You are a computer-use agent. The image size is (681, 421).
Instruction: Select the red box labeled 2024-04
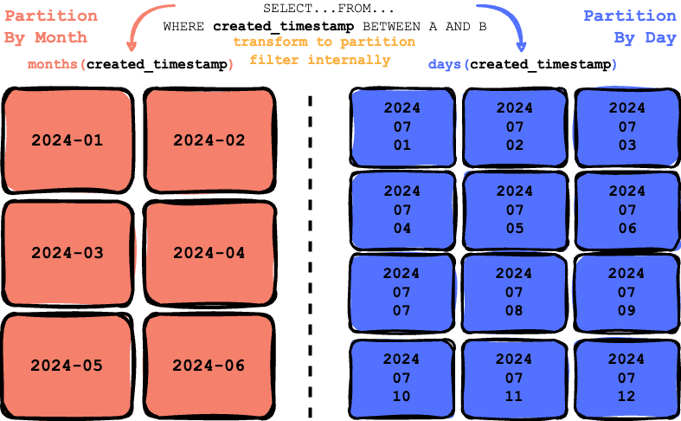pos(209,253)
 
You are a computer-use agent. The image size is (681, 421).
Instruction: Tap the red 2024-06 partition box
pos(209,366)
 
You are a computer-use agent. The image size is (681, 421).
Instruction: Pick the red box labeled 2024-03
pos(67,253)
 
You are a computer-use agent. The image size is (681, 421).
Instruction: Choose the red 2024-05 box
pos(67,366)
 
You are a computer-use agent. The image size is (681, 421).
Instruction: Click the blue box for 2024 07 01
pos(402,126)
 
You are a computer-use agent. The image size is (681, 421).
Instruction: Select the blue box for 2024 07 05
pos(515,210)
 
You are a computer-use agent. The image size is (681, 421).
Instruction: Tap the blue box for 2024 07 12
pos(627,378)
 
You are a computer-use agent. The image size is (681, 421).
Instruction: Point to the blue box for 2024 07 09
pos(627,293)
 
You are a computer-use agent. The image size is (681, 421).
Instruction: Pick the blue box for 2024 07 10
pos(402,378)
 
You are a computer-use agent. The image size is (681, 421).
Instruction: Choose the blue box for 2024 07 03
pos(627,126)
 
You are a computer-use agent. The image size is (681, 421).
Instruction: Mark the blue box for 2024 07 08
pos(515,293)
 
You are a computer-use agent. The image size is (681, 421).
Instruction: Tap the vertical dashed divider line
pos(310,251)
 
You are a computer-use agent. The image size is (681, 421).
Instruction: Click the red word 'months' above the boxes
pos(54,65)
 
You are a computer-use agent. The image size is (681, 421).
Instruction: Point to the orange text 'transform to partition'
pos(324,42)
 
